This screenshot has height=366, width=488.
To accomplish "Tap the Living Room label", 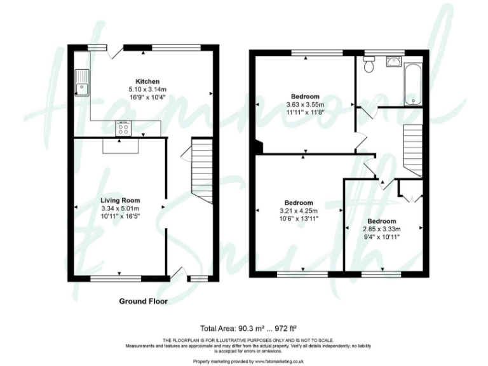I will pyautogui.click(x=120, y=200).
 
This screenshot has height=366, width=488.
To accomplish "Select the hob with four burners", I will pyautogui.click(x=123, y=130).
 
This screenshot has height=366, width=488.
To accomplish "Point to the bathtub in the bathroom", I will pyautogui.click(x=413, y=84).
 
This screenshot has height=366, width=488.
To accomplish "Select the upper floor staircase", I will pyautogui.click(x=413, y=150).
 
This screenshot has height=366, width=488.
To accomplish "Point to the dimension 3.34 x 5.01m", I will pyautogui.click(x=120, y=208).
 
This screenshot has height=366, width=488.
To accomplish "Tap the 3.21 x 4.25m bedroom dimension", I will pyautogui.click(x=299, y=211).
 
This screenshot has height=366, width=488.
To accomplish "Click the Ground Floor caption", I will pyautogui.click(x=144, y=301).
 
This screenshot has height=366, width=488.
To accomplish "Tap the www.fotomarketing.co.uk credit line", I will pyautogui.click(x=244, y=361).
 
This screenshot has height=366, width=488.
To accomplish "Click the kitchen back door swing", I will pyautogui.click(x=116, y=53).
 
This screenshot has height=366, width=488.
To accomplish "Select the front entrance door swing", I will pyautogui.click(x=177, y=273).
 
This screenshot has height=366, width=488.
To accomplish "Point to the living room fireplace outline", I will pyautogui.click(x=120, y=146).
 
